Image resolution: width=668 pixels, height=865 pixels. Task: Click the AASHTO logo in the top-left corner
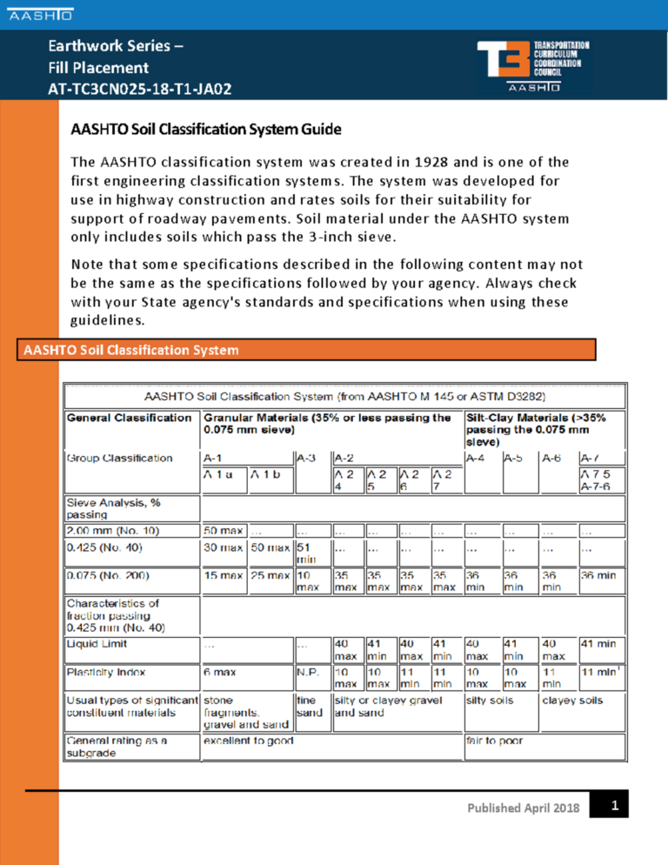click(41, 15)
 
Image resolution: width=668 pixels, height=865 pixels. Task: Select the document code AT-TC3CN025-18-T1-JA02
click(139, 89)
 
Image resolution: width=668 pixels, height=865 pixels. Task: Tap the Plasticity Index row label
click(102, 672)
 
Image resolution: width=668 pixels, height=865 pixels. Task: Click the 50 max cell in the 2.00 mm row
click(223, 529)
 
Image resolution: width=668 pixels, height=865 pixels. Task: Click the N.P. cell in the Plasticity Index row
click(308, 672)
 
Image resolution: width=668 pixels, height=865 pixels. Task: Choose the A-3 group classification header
click(306, 458)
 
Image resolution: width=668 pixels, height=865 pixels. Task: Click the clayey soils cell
click(571, 700)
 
